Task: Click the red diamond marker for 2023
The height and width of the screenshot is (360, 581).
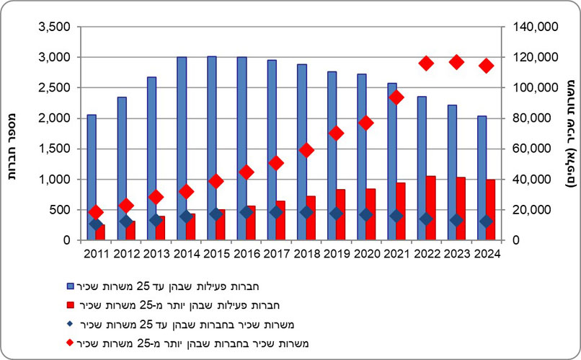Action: [x=456, y=62]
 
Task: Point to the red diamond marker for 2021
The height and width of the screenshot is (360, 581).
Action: [x=396, y=97]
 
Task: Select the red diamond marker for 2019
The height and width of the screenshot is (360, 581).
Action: [x=336, y=133]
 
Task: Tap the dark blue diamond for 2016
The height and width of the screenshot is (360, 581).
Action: [x=247, y=212]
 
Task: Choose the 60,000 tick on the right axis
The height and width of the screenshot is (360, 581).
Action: [x=533, y=149]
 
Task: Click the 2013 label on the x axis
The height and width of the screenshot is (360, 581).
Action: [x=156, y=253]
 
